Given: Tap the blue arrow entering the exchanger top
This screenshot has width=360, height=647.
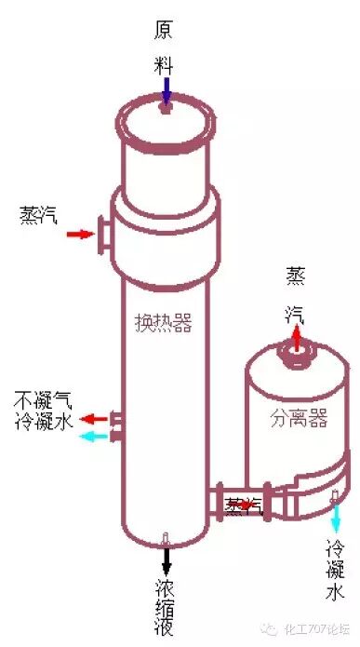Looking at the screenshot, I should [x=166, y=91].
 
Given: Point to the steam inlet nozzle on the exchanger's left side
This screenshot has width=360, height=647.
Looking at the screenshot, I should [x=104, y=234].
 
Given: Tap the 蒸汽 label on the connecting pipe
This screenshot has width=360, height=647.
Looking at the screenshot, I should [x=244, y=505].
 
